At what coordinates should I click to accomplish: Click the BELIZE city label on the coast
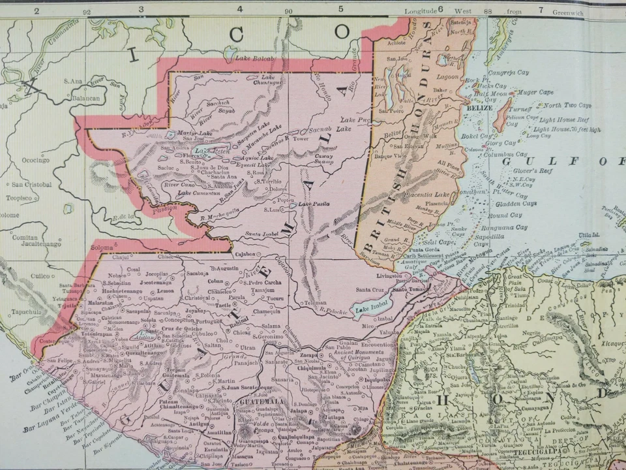pos(481,107)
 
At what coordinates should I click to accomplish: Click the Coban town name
pos(215,281)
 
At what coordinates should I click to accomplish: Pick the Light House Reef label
pos(564,120)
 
